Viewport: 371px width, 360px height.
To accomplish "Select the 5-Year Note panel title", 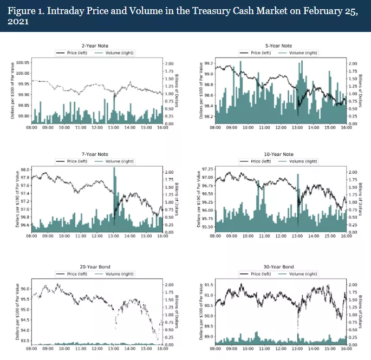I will (280, 46).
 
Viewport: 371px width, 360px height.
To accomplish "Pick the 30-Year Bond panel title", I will (280, 267).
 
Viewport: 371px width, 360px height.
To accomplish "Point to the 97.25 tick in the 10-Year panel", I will (207, 169).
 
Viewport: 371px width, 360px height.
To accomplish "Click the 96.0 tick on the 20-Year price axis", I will (25, 289).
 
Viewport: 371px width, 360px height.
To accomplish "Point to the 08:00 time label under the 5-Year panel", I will (215, 128).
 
